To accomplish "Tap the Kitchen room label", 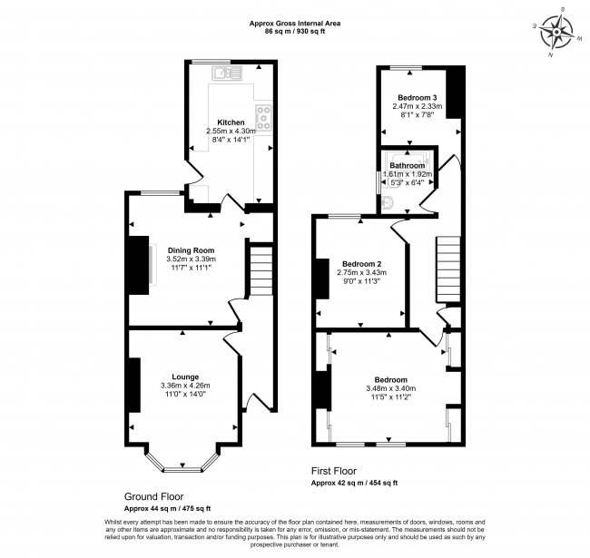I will (231, 122).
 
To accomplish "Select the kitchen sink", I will (224, 73).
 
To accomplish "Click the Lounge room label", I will (186, 377).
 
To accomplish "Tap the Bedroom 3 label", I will (418, 97).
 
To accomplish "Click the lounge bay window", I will (183, 465).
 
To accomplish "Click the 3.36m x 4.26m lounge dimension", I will (184, 386).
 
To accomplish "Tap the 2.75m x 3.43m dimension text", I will (361, 272).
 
